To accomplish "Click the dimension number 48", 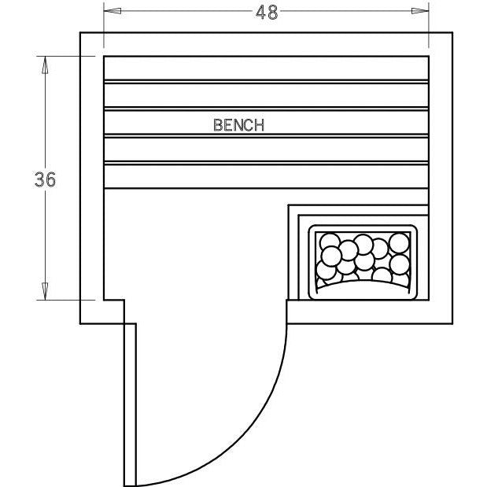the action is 267,13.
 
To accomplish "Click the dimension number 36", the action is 45,179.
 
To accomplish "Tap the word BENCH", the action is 239,125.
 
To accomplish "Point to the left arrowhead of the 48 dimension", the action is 113,11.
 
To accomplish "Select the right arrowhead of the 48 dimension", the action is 420,11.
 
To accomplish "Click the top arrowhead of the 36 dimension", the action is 45,65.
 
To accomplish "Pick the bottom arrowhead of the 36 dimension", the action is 45,291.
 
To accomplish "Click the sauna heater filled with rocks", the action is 363,262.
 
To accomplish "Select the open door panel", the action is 130,404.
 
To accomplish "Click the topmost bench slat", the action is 266,68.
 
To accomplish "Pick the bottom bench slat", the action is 266,176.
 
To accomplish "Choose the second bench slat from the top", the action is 266,95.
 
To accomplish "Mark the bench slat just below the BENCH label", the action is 266,149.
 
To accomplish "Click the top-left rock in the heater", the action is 330,242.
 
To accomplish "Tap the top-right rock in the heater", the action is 399,243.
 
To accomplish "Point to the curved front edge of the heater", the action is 363,282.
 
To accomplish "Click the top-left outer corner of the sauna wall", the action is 80,32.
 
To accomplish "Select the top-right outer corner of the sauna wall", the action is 452,32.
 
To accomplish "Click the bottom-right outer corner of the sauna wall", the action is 452,323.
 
